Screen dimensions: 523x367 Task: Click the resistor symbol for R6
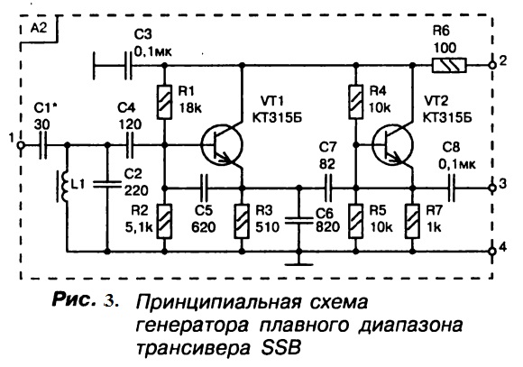pyautogui.click(x=449, y=66)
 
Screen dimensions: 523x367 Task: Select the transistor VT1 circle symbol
pyautogui.click(x=222, y=145)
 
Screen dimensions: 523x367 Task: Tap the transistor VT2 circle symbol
pyautogui.click(x=392, y=145)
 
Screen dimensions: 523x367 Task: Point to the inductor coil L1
pyautogui.click(x=64, y=186)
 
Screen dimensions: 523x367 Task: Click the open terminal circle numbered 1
pyautogui.click(x=21, y=145)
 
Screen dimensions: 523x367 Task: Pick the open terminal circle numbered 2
pyautogui.click(x=491, y=66)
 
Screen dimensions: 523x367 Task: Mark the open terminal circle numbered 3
pyautogui.click(x=491, y=188)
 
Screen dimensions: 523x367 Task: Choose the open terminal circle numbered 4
pyautogui.click(x=491, y=251)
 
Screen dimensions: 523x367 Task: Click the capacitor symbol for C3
pyautogui.click(x=128, y=66)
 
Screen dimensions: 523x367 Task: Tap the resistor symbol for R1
pyautogui.click(x=164, y=102)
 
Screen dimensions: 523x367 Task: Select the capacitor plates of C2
pyautogui.click(x=107, y=184)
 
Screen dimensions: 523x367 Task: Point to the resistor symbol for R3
pyautogui.click(x=243, y=221)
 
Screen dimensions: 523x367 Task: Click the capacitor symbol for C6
pyautogui.click(x=299, y=220)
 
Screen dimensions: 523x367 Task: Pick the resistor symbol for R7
pyautogui.click(x=413, y=221)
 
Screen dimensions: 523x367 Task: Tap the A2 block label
pyautogui.click(x=39, y=29)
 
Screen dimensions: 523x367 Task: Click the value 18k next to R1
pyautogui.click(x=190, y=107)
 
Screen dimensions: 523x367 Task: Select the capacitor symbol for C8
pyautogui.click(x=452, y=188)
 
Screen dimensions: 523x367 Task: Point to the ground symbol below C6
pyautogui.click(x=299, y=264)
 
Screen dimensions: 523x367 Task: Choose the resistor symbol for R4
pyautogui.click(x=356, y=102)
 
